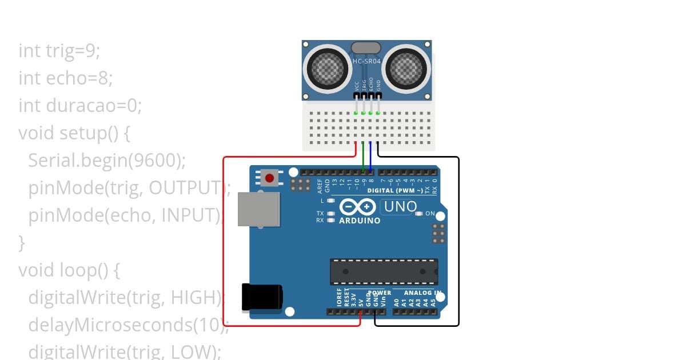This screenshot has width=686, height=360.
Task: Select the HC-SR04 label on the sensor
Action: [x=366, y=61]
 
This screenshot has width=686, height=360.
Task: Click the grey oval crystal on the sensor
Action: [x=366, y=47]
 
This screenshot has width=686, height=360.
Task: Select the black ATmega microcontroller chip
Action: [x=384, y=271]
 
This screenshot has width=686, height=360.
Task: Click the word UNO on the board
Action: [x=400, y=206]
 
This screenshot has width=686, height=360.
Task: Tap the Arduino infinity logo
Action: [x=358, y=206]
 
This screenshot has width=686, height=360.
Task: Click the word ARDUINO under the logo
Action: [x=360, y=221]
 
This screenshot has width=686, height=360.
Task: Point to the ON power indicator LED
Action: [x=419, y=214]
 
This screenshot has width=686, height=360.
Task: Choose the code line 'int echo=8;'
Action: [x=65, y=78]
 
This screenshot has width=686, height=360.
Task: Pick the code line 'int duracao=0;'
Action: [x=79, y=105]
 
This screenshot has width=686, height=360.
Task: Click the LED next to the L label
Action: [x=331, y=201]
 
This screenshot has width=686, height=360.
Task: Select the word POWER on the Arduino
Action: [x=379, y=293]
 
